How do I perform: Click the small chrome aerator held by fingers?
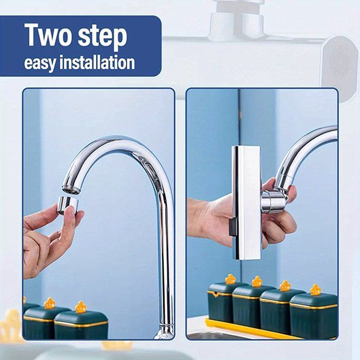pos(68,205)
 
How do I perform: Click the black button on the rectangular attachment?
pos(232,227)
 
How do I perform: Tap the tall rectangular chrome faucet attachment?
pos(246,203)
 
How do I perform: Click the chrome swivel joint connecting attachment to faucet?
pos(273,201)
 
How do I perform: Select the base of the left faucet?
pos(164,332)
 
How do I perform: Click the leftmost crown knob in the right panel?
pos(230,279)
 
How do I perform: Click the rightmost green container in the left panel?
pos(81,325)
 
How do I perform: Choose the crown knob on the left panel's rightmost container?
pos(80,307)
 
